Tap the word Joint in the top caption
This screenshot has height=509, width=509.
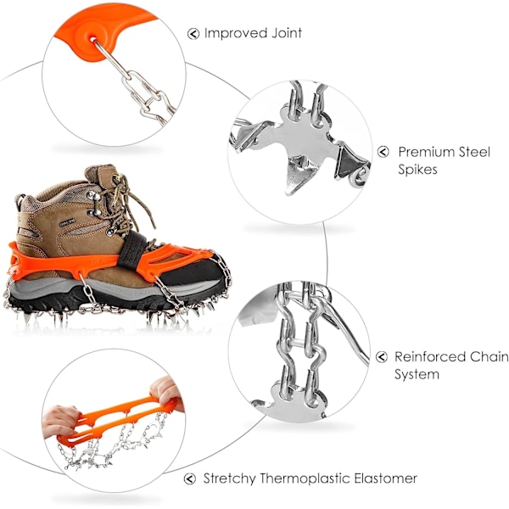[287, 33]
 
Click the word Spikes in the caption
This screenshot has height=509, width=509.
[417, 170]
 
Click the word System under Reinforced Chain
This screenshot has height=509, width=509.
[417, 375]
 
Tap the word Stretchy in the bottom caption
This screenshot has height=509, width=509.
[230, 478]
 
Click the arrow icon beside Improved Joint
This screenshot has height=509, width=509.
[193, 33]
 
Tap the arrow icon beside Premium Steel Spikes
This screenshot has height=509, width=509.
[383, 152]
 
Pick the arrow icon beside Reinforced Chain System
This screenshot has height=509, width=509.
[382, 356]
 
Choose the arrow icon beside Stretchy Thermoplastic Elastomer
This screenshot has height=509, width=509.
[189, 478]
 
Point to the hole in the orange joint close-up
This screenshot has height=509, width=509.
[92, 40]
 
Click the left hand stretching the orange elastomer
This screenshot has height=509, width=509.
[60, 422]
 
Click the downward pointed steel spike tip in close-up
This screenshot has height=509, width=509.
[288, 193]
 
